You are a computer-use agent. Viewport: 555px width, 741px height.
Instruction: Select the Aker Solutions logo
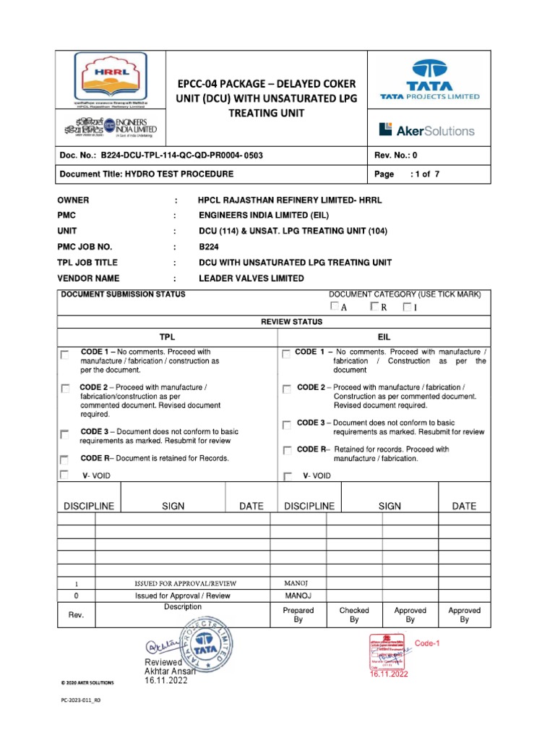point(426,130)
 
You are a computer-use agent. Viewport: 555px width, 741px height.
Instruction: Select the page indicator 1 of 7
point(420,174)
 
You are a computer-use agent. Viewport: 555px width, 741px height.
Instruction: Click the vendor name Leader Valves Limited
point(251,279)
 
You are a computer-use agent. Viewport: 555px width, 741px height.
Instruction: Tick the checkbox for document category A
point(334,307)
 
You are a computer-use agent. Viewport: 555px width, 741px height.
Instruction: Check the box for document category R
point(374,307)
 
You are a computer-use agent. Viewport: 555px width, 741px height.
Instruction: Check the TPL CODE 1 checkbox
point(65,355)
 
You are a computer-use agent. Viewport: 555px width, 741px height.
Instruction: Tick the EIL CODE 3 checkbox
point(287,425)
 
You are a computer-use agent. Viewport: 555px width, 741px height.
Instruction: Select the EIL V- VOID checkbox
point(288,477)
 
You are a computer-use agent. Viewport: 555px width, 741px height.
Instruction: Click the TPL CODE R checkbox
point(65,460)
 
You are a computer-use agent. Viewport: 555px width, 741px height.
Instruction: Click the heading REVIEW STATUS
point(291,321)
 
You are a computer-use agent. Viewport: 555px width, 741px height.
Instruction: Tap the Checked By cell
point(354,615)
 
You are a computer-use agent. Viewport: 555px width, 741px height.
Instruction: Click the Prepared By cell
point(298,615)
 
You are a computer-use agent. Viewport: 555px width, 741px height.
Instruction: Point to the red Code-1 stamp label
point(427,643)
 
